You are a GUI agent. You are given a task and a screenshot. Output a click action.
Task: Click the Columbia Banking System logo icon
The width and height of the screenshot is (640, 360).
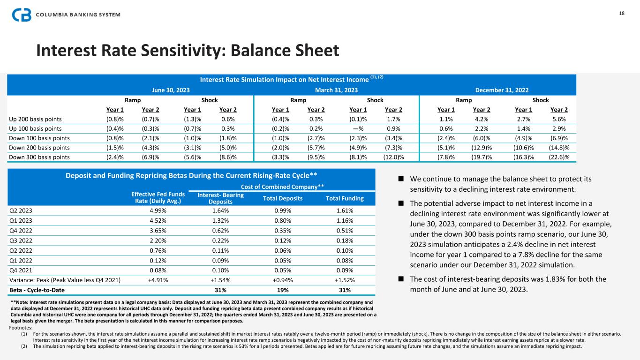(x=22, y=15)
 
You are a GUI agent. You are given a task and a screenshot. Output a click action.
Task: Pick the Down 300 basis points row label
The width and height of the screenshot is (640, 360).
(x=39, y=157)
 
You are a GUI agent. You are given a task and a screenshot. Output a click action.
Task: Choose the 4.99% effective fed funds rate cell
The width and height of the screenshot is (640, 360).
(x=156, y=210)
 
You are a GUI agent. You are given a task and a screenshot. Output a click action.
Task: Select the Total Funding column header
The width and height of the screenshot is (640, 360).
(x=345, y=198)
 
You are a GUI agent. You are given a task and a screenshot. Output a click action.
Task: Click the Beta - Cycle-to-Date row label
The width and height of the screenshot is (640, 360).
(x=37, y=290)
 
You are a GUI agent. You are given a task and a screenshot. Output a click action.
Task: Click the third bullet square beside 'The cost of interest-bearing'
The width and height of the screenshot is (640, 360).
(x=401, y=279)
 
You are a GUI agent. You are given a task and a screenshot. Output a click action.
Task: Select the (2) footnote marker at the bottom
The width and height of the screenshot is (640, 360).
(x=24, y=346)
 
